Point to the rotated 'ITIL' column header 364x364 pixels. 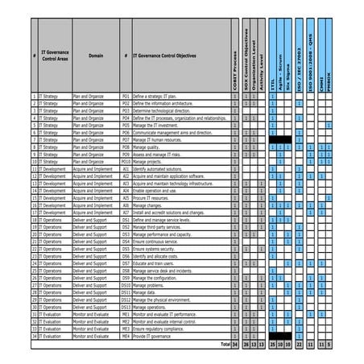click(x=274, y=85)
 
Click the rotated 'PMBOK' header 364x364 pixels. click(x=329, y=81)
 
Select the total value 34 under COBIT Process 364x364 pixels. click(x=235, y=344)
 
